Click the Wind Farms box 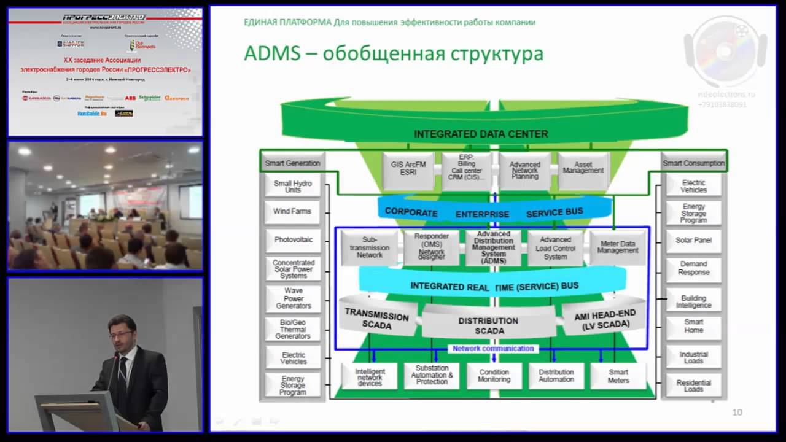(292, 211)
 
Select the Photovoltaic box (293, 239)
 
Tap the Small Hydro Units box (292, 186)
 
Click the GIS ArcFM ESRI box (408, 168)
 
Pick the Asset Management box (583, 168)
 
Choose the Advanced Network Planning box (524, 170)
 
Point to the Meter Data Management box (618, 247)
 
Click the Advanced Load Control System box (555, 248)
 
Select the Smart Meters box (618, 376)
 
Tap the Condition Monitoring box (494, 376)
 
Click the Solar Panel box (694, 240)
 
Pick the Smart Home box (694, 325)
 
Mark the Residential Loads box (694, 386)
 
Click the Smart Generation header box (293, 163)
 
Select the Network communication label (493, 349)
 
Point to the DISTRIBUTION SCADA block (489, 325)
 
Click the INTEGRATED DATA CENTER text (481, 134)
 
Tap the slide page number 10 (737, 413)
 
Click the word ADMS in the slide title (271, 53)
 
